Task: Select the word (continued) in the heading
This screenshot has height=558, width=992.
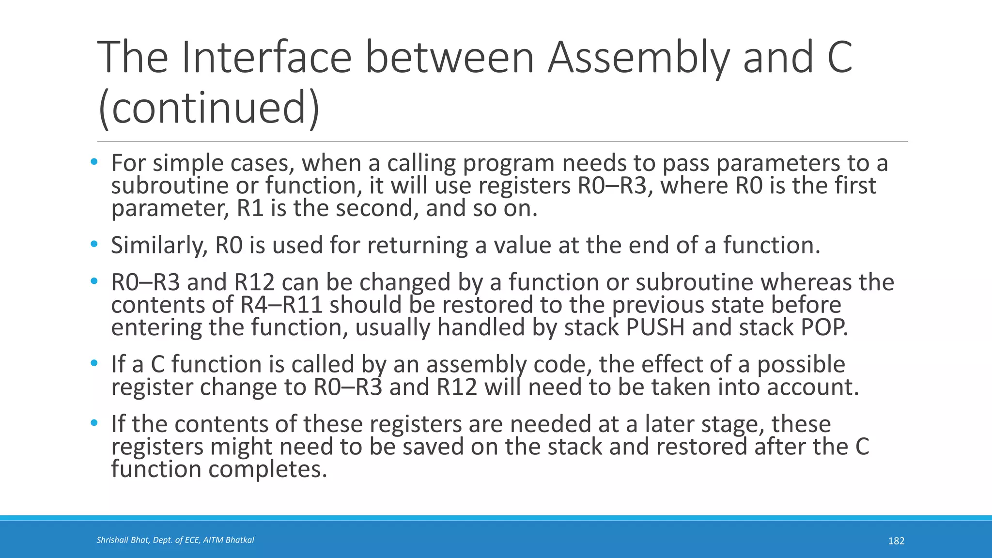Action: pos(209,107)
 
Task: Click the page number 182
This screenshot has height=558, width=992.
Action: pos(896,541)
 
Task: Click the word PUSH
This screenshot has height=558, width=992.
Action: pos(655,327)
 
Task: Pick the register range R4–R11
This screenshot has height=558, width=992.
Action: pos(281,305)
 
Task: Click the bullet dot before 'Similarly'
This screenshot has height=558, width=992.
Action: pos(94,244)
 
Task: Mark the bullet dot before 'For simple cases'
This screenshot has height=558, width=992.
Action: pos(94,162)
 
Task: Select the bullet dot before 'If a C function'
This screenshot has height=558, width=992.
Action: pos(94,363)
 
